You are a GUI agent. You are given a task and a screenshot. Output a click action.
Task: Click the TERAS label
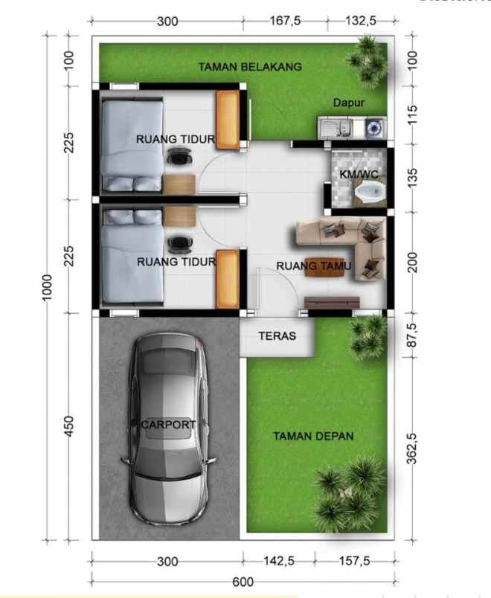coord(277,336)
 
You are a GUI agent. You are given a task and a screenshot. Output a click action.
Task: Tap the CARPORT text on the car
coord(168,425)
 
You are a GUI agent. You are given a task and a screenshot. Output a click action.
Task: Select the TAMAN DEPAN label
coord(312,437)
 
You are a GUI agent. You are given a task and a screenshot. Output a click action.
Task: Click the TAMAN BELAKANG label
coord(250,67)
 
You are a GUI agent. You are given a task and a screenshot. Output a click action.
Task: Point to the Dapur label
coord(348,103)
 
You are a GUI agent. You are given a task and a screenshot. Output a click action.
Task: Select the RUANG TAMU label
coord(309,266)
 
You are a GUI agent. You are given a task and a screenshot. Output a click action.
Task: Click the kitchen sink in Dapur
coord(339,128)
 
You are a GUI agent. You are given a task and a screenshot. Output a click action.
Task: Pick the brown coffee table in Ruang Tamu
coord(325,269)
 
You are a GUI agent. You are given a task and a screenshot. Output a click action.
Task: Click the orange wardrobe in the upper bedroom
coord(227,118)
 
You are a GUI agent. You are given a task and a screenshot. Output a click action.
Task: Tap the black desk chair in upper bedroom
coord(179,155)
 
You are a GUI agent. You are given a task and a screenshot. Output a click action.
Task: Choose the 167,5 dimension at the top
coord(286,21)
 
